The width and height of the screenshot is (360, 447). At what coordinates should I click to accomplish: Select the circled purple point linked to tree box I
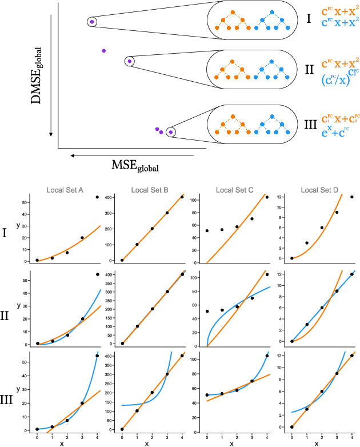point(92,22)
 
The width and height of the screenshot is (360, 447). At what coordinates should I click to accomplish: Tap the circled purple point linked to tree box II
point(129,61)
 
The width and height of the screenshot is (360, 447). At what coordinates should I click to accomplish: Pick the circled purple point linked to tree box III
point(171,132)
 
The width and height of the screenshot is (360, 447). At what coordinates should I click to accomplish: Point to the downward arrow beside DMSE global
point(51,74)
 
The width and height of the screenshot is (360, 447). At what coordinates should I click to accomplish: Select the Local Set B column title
point(148,190)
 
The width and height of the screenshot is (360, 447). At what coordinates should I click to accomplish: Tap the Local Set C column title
point(233,190)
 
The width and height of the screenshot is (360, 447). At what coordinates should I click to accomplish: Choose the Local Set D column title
point(318,190)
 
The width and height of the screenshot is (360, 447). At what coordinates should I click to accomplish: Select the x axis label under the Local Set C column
point(231,443)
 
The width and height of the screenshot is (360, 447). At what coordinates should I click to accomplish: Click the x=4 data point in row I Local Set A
point(97,197)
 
